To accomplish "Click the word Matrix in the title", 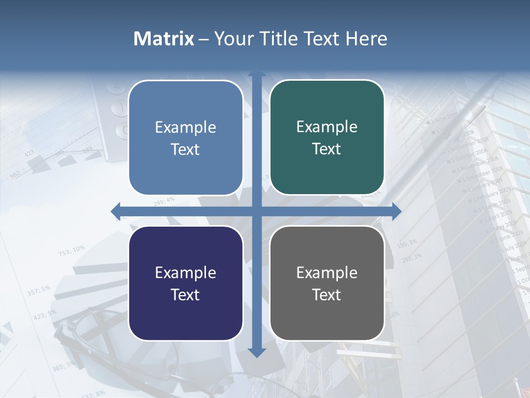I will (x=163, y=39).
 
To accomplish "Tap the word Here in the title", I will (x=367, y=39).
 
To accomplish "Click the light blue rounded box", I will (x=185, y=138).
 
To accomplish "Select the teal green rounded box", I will (x=327, y=138).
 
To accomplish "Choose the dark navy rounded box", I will (x=185, y=283).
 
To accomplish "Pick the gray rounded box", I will (x=327, y=283).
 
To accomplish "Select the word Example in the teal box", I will (x=327, y=127).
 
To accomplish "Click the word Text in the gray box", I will (x=327, y=295).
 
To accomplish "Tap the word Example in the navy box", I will (x=185, y=273).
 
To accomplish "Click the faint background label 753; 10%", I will (x=72, y=251).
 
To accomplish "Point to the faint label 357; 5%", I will (x=39, y=290).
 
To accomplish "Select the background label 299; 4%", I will (x=164, y=201).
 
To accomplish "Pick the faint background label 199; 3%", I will (x=407, y=243).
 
